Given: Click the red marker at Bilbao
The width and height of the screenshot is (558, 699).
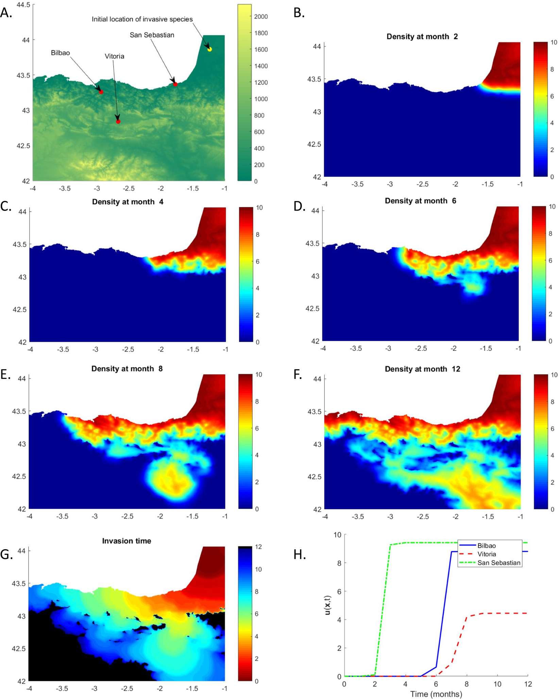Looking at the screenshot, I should coord(101,92).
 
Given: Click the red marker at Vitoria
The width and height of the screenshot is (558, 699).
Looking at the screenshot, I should coord(118,121).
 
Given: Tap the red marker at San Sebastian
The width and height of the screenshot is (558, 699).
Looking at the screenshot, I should coord(175,84).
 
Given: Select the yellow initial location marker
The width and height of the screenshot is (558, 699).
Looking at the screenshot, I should coord(210,49).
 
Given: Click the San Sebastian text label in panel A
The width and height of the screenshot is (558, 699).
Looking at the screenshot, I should coord(152,35).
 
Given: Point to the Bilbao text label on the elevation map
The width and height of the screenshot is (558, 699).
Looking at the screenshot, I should coord(60,53).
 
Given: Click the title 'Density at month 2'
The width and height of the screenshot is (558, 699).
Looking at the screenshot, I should coord(422,37).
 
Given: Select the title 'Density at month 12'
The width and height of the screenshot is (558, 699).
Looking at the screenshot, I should coord(422,369).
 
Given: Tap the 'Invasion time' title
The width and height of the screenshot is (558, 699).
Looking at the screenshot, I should coord(126,541).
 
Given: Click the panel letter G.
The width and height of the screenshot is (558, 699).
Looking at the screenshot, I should coord(6,554).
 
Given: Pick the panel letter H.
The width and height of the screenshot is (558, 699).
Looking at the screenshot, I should coord(300,554).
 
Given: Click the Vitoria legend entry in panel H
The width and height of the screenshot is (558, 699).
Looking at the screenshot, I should coord(486,554).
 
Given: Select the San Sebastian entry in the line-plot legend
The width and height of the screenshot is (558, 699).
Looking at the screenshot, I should coord(498,563).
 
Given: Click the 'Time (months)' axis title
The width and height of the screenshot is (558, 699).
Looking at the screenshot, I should coord(436,694).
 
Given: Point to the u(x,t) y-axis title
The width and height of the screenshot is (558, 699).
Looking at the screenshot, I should coord(327,605).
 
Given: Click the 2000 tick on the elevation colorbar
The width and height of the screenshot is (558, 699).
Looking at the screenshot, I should coord(261,17).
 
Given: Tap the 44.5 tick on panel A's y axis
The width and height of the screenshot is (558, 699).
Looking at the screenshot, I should coord(23,5).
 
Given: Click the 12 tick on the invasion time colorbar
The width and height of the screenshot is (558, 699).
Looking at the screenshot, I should coord(258,547).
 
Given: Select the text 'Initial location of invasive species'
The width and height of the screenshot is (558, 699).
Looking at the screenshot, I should coord(142,19).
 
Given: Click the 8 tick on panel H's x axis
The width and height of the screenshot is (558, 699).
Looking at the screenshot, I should coord(467,684).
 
